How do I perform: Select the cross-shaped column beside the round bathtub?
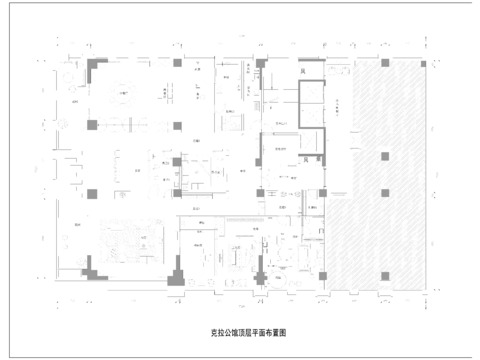pos(262,270)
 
